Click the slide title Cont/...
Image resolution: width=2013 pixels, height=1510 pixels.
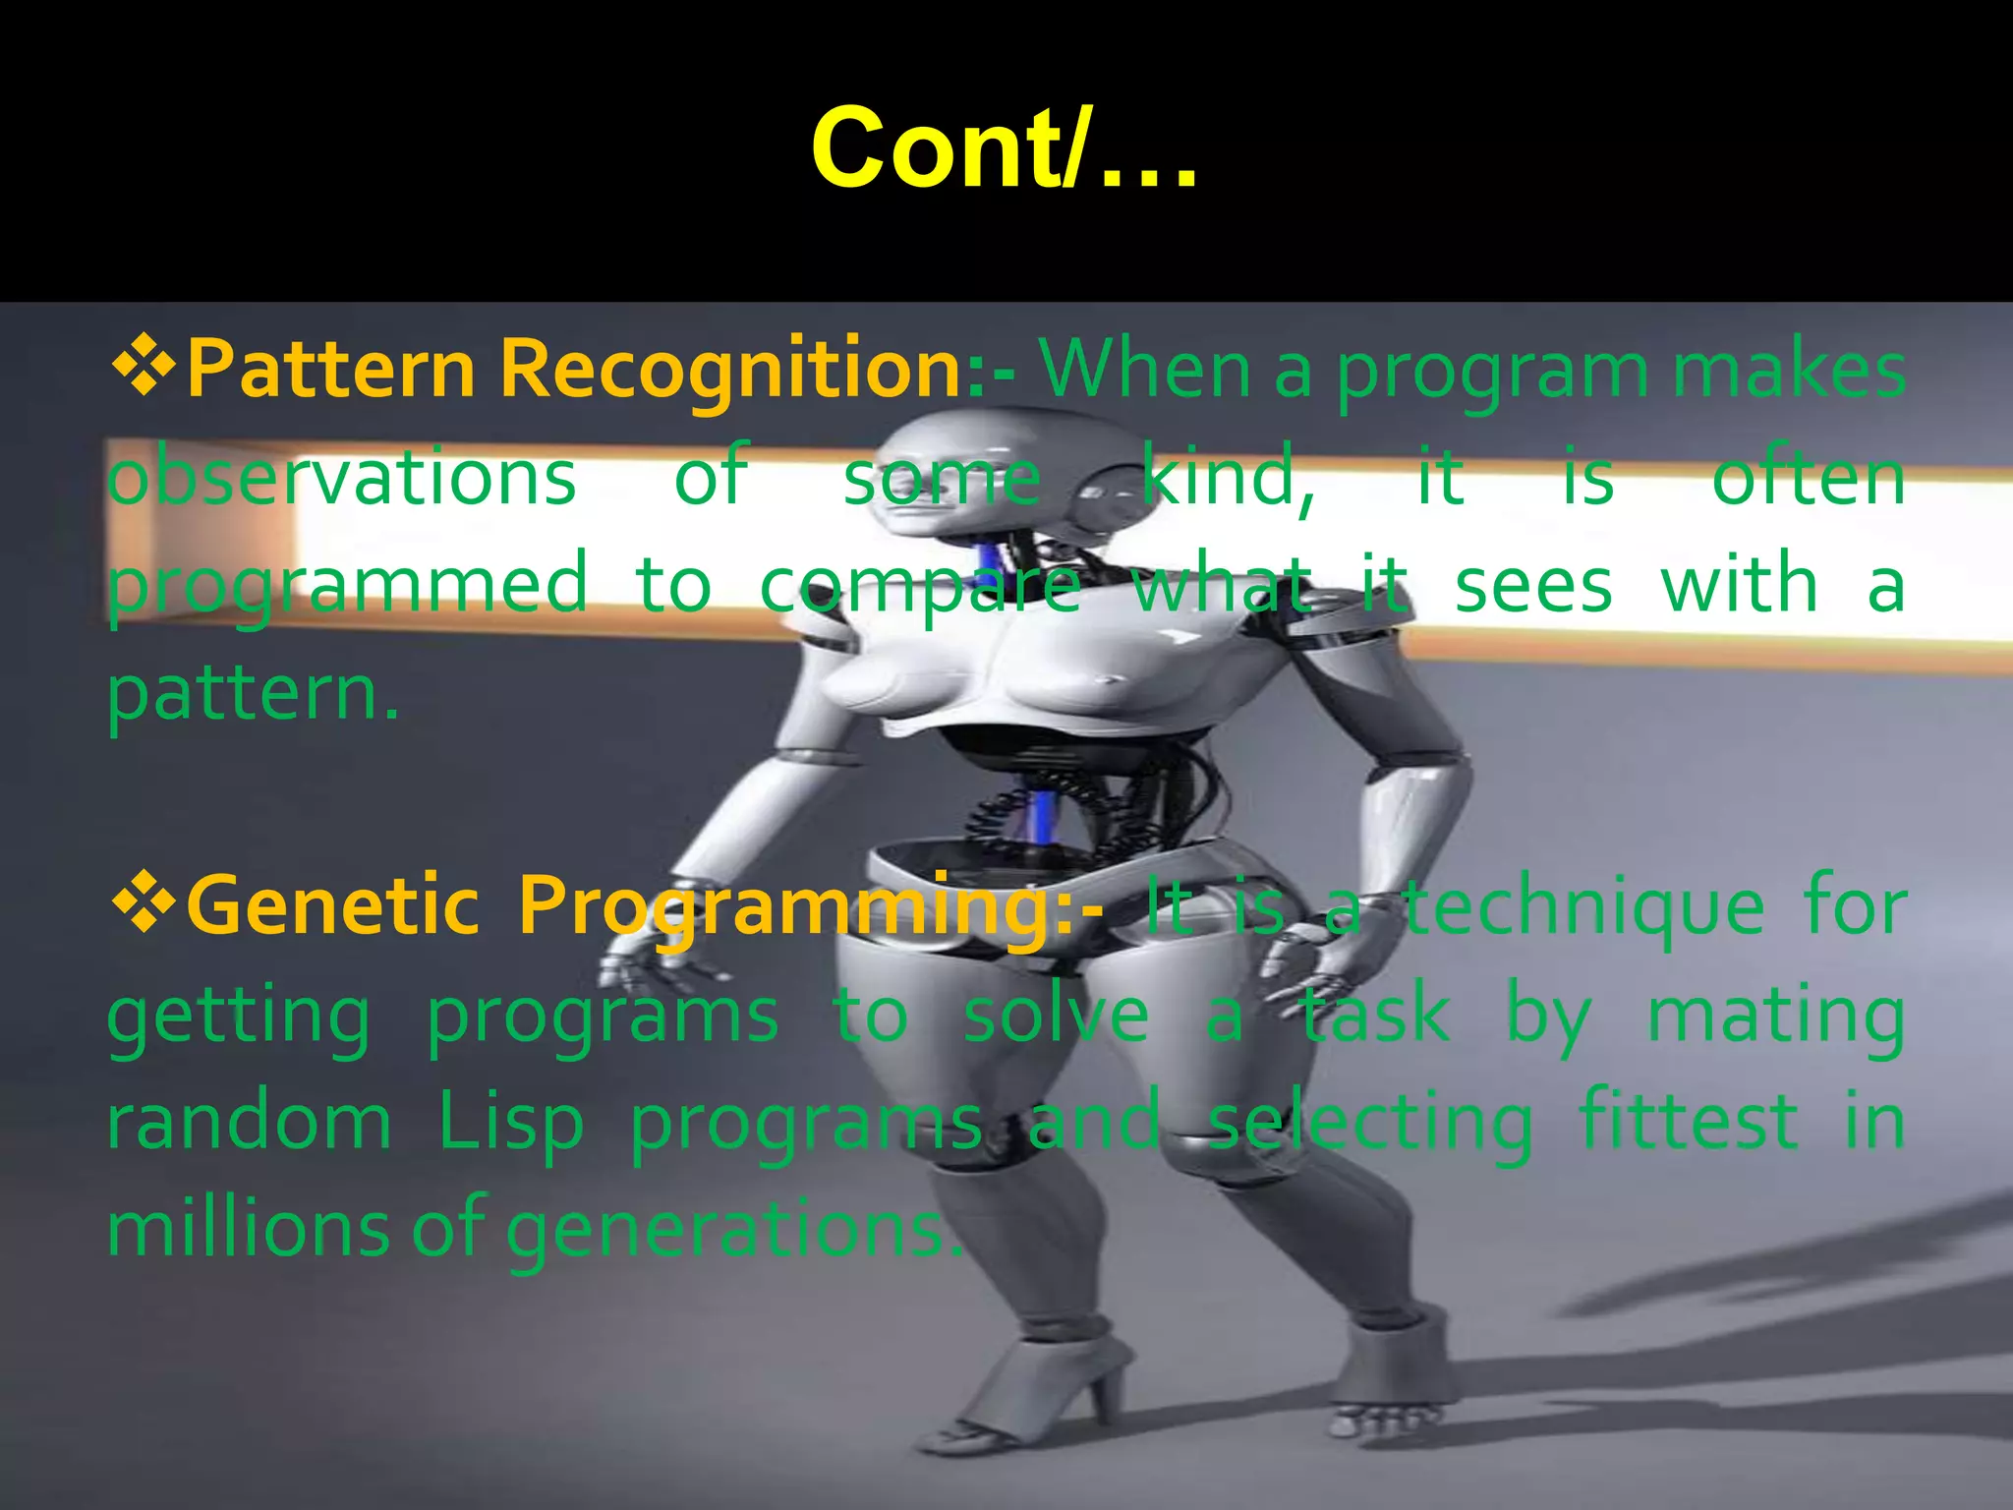[x=1004, y=149]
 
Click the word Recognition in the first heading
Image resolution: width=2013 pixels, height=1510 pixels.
[x=730, y=369]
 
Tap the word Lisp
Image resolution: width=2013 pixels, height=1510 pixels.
[x=510, y=1123]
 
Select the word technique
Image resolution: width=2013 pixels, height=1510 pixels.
[x=1582, y=908]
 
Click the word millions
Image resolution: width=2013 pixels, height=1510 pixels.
[x=249, y=1229]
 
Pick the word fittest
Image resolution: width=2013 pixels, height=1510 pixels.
[x=1688, y=1121]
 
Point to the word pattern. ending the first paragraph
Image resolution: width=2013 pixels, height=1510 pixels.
[x=253, y=693]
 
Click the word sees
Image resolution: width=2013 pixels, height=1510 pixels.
[x=1532, y=585]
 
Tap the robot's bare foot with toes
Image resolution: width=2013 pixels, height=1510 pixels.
[x=1386, y=1416]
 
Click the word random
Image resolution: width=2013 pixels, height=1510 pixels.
[x=249, y=1123]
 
